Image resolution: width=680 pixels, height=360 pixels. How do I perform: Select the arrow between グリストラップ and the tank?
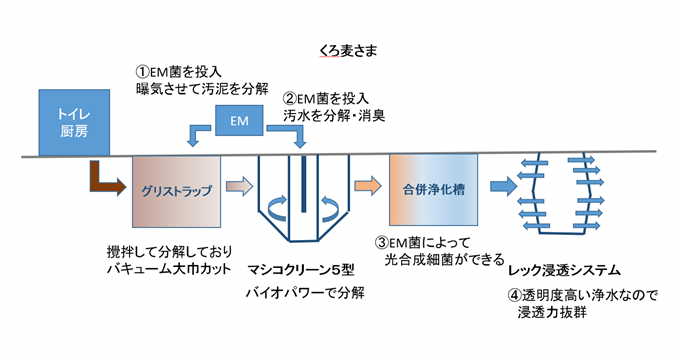(x=239, y=185)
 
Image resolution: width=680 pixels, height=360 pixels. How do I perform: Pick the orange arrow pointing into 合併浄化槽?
(x=367, y=185)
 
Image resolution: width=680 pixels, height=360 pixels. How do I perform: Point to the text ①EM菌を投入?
(x=182, y=72)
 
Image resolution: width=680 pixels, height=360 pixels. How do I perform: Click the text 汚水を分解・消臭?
(x=336, y=115)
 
